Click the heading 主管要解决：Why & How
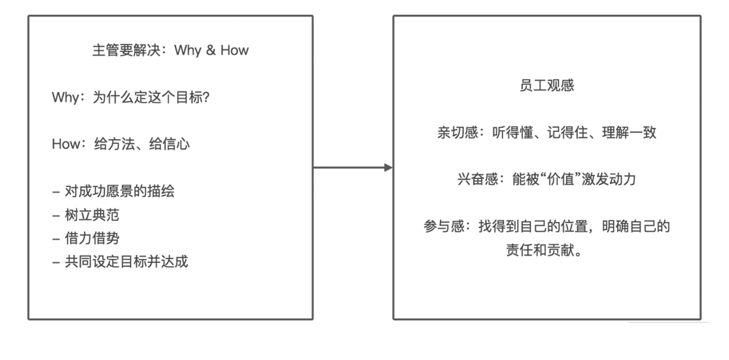(x=170, y=50)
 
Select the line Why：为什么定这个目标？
(x=131, y=97)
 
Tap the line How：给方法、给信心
(x=121, y=144)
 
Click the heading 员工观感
(x=547, y=85)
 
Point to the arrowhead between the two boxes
(x=388, y=168)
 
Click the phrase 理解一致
(x=629, y=133)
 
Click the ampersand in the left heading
(x=211, y=50)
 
